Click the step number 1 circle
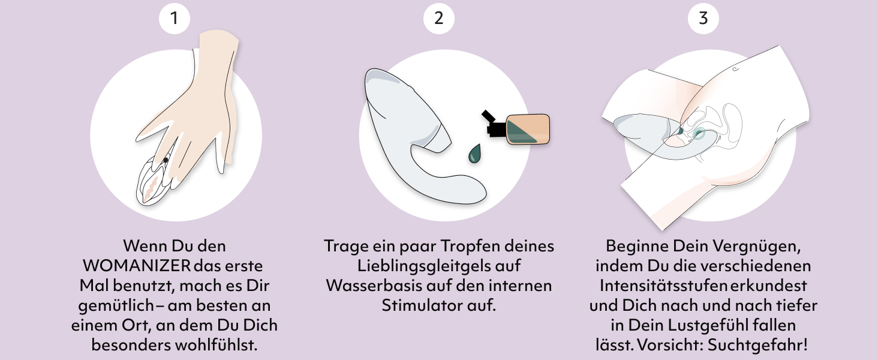point(175,19)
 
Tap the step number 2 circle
point(438,19)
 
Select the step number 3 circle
point(703,19)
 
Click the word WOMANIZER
point(137,266)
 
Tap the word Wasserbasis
point(374,286)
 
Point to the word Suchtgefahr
point(757,345)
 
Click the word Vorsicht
point(670,345)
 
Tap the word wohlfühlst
point(216,345)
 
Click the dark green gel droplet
point(474,154)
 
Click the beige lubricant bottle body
point(528,129)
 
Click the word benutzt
point(143,286)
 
